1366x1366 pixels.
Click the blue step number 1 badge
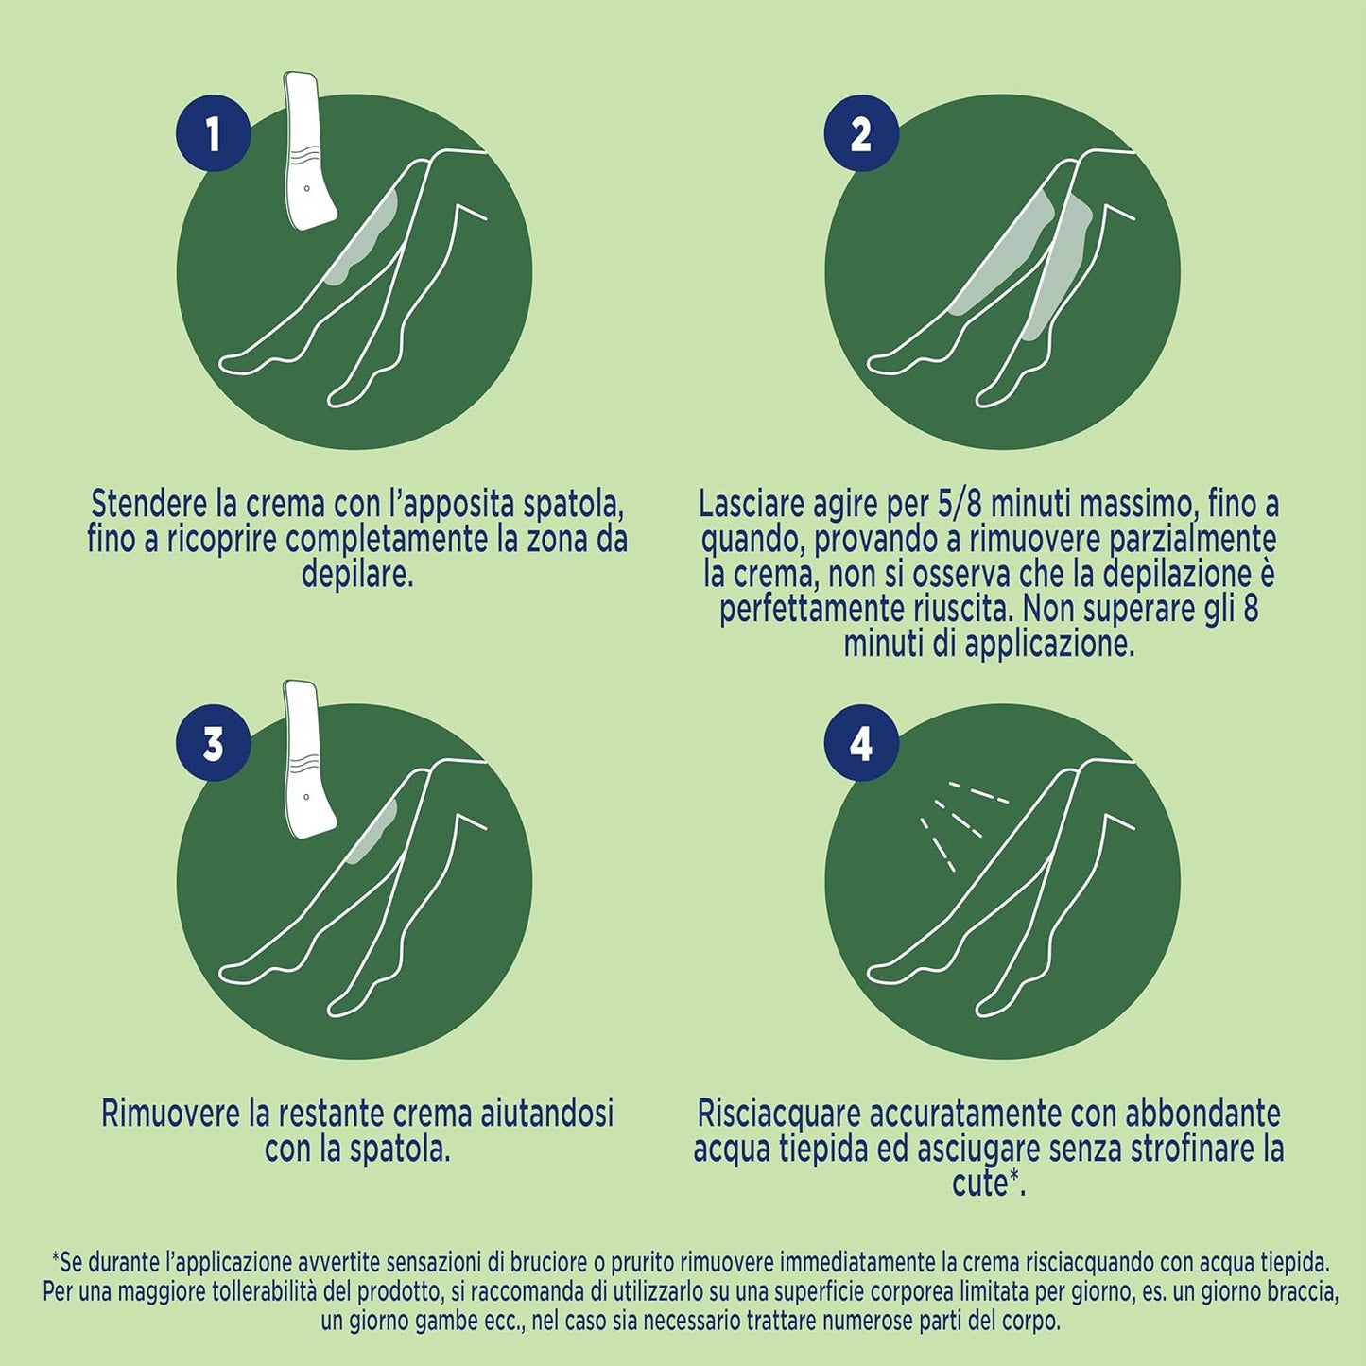214,133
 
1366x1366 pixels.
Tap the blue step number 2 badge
861,133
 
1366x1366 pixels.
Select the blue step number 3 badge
214,743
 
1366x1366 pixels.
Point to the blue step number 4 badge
861,743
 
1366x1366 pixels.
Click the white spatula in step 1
309,150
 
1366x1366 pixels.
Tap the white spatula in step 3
309,759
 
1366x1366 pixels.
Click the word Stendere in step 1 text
147,505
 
